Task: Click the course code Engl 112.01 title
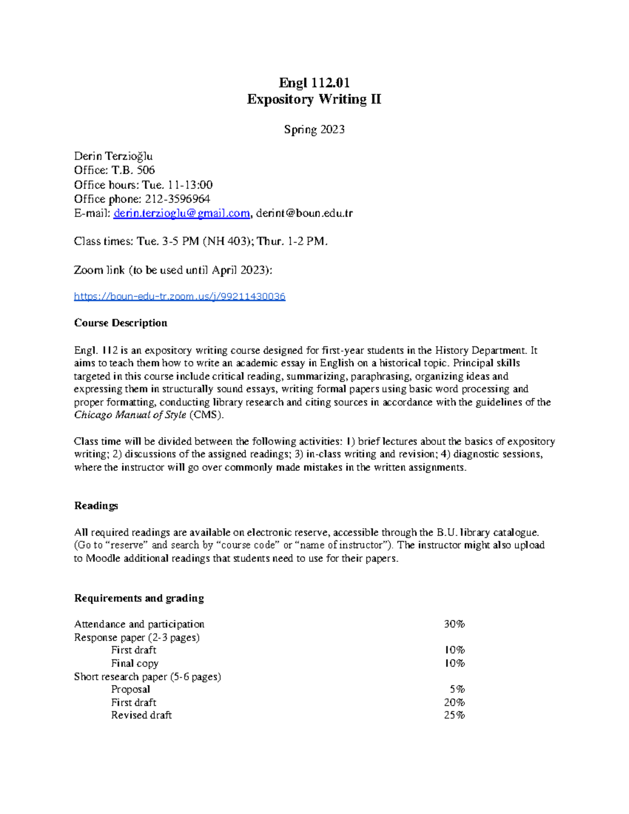point(314,83)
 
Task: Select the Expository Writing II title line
point(314,99)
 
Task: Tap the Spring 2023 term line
point(314,129)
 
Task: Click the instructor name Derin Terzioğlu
point(113,156)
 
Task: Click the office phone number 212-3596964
point(177,199)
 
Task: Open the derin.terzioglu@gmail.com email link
point(181,213)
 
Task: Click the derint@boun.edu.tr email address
point(304,213)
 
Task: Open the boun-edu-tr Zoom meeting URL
point(179,297)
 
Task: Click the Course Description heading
point(121,323)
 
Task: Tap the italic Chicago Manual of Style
point(130,415)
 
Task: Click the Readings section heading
point(96,506)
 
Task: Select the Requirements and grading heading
point(139,598)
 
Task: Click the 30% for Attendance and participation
point(454,624)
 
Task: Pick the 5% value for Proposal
point(457,689)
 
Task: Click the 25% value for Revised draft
point(454,715)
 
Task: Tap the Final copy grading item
point(134,664)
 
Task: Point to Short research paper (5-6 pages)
point(147,677)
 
